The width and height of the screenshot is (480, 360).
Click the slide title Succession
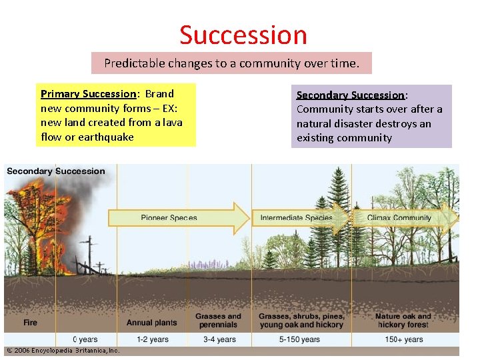click(x=243, y=35)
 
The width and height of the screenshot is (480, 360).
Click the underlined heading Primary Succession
click(x=88, y=94)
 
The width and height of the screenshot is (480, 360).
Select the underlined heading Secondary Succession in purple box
click(x=350, y=95)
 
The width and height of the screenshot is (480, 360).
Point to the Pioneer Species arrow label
click(x=169, y=218)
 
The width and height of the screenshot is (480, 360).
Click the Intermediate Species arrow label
click(x=296, y=218)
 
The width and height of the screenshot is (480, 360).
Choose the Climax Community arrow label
click(x=399, y=218)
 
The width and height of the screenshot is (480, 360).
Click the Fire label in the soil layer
click(x=31, y=323)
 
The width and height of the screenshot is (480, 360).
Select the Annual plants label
click(x=152, y=323)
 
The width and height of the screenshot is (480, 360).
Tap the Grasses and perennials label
click(x=218, y=320)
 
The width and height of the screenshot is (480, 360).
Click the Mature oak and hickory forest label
click(x=403, y=320)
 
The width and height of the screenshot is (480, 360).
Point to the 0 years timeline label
click(x=85, y=339)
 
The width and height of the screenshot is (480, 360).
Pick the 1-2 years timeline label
click(x=152, y=339)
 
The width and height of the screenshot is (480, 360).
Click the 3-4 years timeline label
click(x=219, y=339)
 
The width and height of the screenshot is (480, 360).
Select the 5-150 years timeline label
click(x=300, y=339)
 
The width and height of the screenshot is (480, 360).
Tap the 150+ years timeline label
click(x=403, y=339)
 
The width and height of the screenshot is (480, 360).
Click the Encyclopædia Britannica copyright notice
click(x=63, y=350)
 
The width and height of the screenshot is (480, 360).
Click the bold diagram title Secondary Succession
click(x=56, y=171)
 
